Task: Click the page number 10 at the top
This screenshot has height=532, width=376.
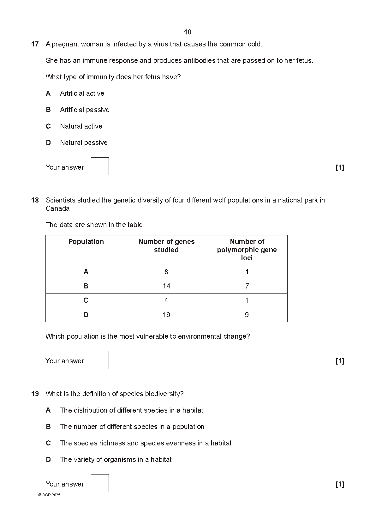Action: coord(188,32)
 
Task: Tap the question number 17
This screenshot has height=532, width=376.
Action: coord(35,44)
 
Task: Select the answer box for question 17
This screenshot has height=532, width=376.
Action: coord(100,166)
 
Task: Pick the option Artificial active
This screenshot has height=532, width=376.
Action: coord(82,94)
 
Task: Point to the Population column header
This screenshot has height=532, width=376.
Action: coord(86,242)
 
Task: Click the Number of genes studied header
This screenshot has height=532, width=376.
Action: coord(166,245)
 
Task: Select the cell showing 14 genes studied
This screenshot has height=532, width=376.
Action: coord(166,286)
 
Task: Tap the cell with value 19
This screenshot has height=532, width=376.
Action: coord(166,315)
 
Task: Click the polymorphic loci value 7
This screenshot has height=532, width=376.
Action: coord(247,286)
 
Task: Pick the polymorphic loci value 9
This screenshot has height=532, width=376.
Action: coord(247,315)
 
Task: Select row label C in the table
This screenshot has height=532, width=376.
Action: coord(86,300)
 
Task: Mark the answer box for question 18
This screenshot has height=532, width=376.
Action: coord(100,360)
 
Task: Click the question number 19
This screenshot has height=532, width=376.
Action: coord(35,394)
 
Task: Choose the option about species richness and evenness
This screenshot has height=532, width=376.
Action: coord(146,443)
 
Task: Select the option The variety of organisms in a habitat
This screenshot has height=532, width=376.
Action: coord(116,460)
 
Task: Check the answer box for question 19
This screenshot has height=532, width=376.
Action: coord(100,483)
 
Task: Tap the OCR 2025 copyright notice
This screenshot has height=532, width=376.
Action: coord(49,495)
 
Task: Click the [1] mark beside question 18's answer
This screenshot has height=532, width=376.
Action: coord(340,361)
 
